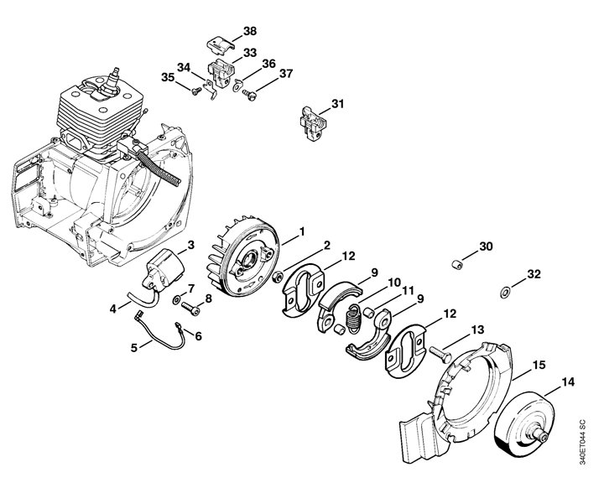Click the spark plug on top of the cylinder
tap(112, 82)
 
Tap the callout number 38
tap(250, 31)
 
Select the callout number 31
tap(337, 104)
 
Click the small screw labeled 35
tap(196, 91)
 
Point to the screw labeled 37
tap(249, 94)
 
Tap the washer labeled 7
tap(177, 298)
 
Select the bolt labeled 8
tap(190, 308)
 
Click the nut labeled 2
tap(277, 277)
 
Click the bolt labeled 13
tap(440, 354)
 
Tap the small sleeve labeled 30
tap(456, 265)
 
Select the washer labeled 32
tap(504, 292)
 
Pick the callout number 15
tap(539, 365)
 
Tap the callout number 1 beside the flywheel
tap(302, 231)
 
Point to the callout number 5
tap(133, 348)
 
